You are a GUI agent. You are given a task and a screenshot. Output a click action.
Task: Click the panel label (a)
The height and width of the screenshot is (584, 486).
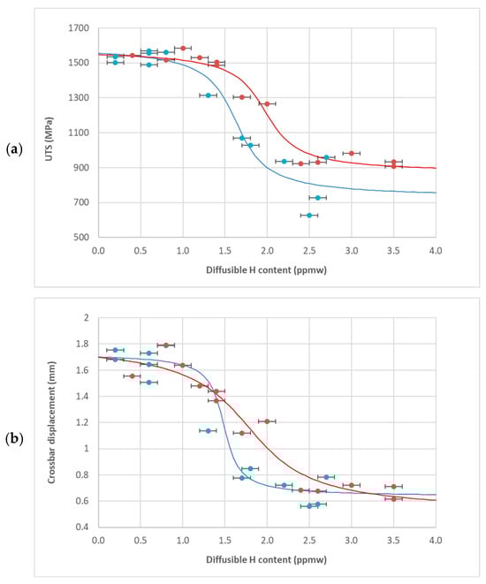[x=15, y=149]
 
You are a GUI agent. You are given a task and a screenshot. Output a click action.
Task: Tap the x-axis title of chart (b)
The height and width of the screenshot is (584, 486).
[x=267, y=558]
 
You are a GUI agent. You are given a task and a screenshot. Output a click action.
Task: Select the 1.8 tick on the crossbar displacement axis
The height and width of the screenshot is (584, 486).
[x=85, y=345]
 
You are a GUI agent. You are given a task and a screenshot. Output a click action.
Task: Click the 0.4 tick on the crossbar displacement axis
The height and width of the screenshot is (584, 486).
[x=85, y=527]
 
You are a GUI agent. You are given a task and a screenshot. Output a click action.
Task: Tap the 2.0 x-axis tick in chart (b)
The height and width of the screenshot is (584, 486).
[x=267, y=540]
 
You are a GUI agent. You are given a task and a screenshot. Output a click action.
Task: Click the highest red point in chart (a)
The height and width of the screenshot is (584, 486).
[x=183, y=49]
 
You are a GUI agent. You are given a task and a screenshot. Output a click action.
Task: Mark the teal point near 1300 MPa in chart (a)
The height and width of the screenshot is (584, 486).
[x=209, y=95]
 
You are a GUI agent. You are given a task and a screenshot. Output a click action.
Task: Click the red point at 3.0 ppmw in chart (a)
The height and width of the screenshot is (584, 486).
[x=352, y=154]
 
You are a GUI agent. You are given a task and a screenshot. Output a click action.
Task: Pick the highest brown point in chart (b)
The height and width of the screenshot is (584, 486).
[x=166, y=345]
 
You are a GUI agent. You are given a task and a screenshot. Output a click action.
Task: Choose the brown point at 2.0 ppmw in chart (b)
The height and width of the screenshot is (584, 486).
[x=267, y=421]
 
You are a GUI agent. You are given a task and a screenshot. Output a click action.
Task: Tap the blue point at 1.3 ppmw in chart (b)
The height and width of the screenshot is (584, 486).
[x=208, y=431]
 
